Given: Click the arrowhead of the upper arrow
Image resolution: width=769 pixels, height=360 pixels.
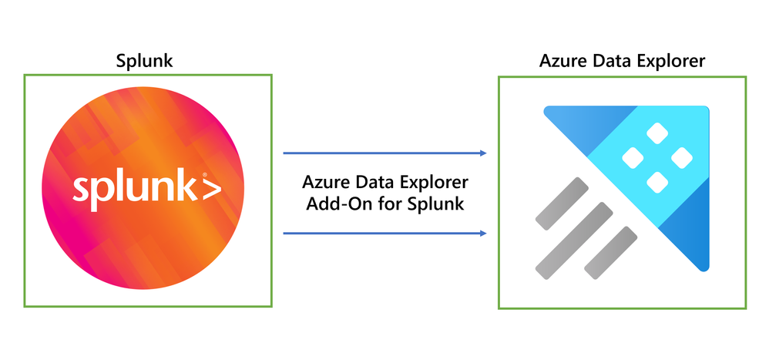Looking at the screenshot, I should tap(482, 153).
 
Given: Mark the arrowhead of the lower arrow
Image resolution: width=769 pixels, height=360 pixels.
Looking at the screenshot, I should tap(482, 233).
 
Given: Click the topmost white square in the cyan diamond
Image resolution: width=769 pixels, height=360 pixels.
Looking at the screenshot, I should tap(657, 133).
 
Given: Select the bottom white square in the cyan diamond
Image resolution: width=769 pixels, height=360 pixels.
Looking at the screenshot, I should tap(657, 183).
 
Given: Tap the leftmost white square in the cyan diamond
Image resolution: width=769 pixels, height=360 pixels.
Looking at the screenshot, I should tap(632, 158).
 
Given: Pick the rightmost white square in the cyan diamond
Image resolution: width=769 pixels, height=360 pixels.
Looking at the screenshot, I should tap(681, 158).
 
